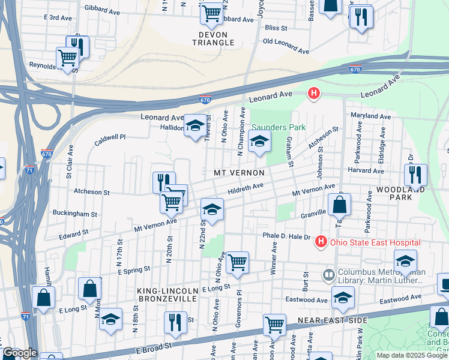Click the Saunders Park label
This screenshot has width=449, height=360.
278,127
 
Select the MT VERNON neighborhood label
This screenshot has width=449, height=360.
239,173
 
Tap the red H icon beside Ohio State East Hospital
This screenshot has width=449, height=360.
321,242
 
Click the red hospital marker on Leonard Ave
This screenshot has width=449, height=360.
313,93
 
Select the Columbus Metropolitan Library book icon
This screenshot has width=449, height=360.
329,275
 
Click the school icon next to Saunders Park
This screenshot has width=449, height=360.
259,142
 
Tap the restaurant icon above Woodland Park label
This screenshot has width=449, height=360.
415,175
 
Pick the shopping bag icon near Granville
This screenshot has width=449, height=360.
339,204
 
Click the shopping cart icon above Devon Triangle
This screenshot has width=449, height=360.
211,13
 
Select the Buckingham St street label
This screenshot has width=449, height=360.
74,214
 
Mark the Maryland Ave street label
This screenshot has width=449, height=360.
370,116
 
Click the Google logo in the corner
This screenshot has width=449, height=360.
19,353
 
